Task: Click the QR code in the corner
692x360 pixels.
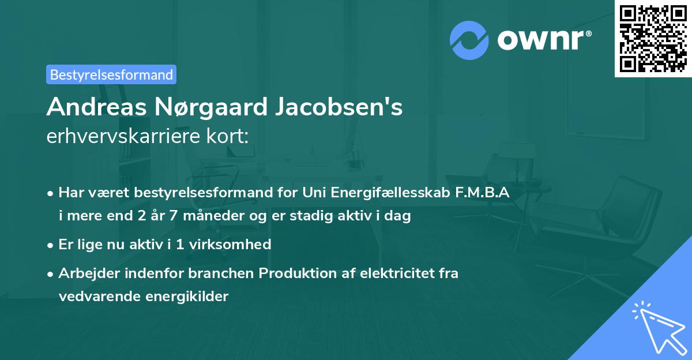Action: pos(653,38)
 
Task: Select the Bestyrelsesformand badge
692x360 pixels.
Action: pos(111,74)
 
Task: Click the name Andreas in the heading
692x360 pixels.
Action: pos(95,107)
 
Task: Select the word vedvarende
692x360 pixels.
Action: pos(93,297)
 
